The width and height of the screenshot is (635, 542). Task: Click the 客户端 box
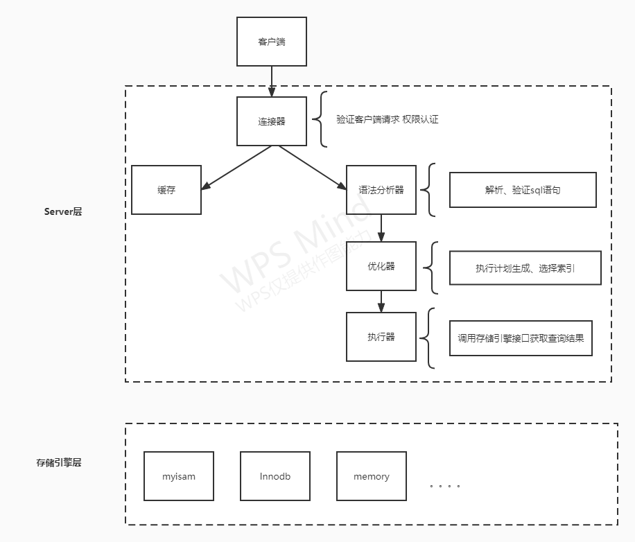[x=271, y=42]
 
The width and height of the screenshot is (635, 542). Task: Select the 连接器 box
[x=271, y=121]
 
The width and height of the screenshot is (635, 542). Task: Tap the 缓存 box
[x=166, y=189]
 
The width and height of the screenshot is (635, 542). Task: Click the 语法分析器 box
[x=381, y=189]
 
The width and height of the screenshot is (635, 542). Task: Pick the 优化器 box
[x=381, y=265]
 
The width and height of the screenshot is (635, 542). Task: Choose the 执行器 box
[x=381, y=336]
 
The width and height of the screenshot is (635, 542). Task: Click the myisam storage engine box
[x=178, y=476]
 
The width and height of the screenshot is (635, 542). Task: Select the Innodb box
[x=275, y=476]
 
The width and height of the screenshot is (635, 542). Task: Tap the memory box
[x=371, y=476]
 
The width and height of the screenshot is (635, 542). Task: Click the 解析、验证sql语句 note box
[x=522, y=189]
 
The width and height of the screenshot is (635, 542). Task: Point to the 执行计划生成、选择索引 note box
[x=524, y=268]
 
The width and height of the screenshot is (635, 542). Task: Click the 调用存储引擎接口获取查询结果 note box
[x=520, y=338]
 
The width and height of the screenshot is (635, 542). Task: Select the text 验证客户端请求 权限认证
[x=387, y=119]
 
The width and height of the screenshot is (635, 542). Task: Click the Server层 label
[x=62, y=211]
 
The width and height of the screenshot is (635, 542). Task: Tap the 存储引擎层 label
[x=59, y=462]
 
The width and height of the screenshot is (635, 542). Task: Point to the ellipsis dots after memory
[x=444, y=486]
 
